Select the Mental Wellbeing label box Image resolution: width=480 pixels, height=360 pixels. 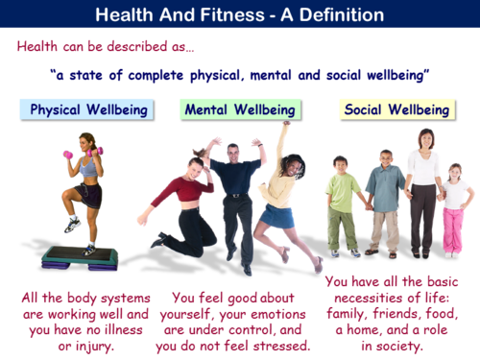tap(240, 109)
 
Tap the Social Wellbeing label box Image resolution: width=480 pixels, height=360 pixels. tap(394, 109)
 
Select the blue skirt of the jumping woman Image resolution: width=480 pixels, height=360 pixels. tap(279, 217)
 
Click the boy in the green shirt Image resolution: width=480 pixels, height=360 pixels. tap(342, 206)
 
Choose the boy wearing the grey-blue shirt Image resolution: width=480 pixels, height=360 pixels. tap(385, 202)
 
